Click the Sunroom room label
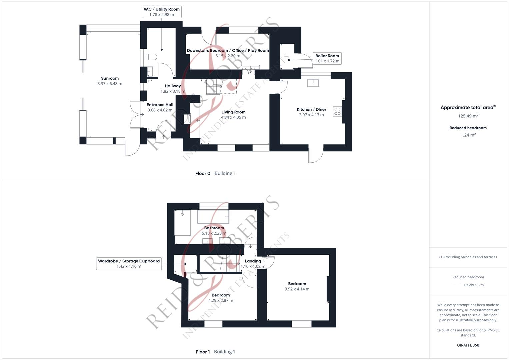[110, 79]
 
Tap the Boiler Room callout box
[327, 58]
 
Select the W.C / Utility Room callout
[162, 12]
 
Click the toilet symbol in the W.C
[151, 57]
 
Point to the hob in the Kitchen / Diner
[337, 111]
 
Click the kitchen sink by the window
[313, 82]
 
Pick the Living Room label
[233, 112]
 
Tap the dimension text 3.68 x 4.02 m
[160, 110]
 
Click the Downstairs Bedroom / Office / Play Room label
[228, 51]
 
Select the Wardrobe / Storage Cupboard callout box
[129, 264]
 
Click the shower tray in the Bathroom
[182, 222]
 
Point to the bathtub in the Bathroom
[213, 217]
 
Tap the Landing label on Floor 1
[253, 261]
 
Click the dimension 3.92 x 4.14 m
[297, 289]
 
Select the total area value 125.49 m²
[468, 116]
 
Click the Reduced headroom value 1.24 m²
[468, 135]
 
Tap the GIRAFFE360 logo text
[468, 345]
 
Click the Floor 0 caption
[203, 173]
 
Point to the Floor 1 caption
[203, 352]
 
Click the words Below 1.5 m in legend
[474, 285]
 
